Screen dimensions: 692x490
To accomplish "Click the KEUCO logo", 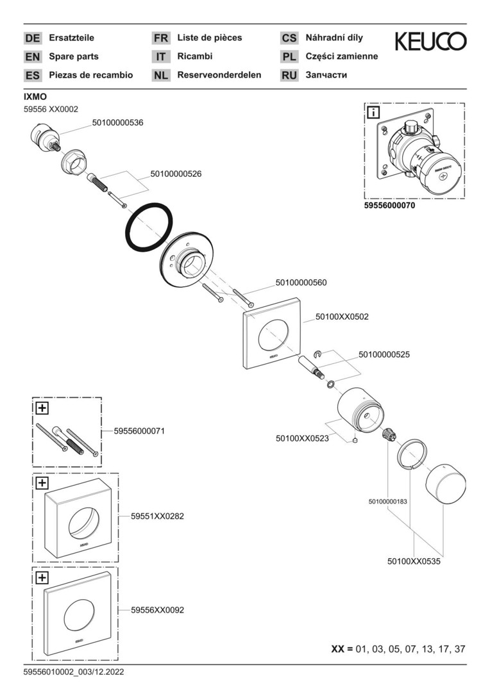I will pos(430,42).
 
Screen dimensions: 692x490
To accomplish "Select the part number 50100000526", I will pos(176,173).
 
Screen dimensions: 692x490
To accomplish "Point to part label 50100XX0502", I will pos(342,317).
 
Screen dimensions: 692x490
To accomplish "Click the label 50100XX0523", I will pos(302,438).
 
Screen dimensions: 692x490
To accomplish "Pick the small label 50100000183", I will pos(388,501).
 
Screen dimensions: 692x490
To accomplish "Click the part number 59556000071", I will pos(139,431).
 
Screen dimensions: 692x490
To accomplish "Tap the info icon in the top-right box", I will pos(372,113).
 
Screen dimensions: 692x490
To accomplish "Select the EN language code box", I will pos(32,56).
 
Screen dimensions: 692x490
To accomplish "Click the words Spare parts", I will pos(74,56).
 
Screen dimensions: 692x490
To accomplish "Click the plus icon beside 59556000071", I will pos(42,407).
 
